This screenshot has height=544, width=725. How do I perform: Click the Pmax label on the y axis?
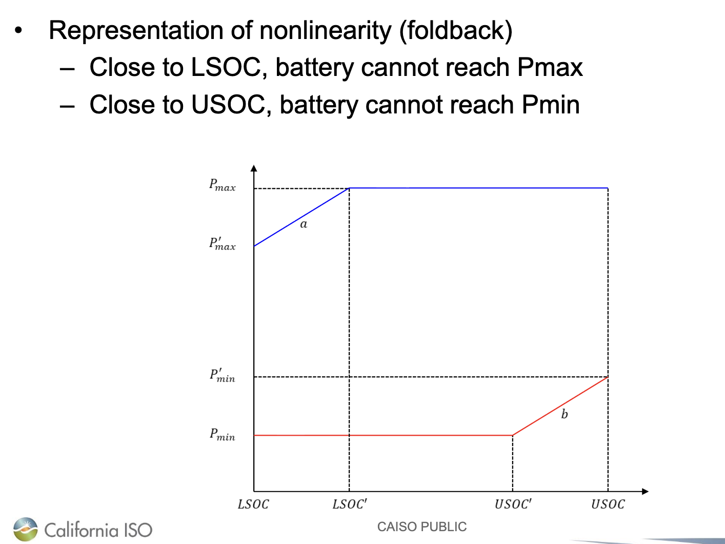pos(222,185)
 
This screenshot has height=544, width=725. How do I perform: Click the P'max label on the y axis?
pos(222,244)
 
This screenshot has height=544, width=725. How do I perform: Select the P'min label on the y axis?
pos(222,376)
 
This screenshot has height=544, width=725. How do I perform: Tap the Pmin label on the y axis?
pos(222,435)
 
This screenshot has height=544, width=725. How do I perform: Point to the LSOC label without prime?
pos(253,504)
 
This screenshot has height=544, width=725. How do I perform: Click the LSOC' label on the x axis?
pos(350,504)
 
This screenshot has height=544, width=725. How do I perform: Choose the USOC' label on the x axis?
pos(513,504)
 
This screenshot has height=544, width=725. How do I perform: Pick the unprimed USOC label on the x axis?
pos(608,504)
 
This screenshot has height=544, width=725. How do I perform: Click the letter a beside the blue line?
pos(304,224)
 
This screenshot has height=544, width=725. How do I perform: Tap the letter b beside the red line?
pos(564,414)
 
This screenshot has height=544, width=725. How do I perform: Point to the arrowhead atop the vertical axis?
pos(254,168)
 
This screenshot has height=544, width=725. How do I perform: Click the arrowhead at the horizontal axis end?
pos(645,492)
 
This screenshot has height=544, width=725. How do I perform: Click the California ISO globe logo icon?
pos(26,529)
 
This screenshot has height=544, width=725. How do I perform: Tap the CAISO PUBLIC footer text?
pos(422,527)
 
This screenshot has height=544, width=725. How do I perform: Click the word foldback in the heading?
pos(455,31)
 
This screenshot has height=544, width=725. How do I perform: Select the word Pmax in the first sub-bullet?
pos(550,68)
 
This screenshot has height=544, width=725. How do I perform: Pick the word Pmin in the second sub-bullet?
pos(550,105)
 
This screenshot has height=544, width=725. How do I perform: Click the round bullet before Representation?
pos(19,30)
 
